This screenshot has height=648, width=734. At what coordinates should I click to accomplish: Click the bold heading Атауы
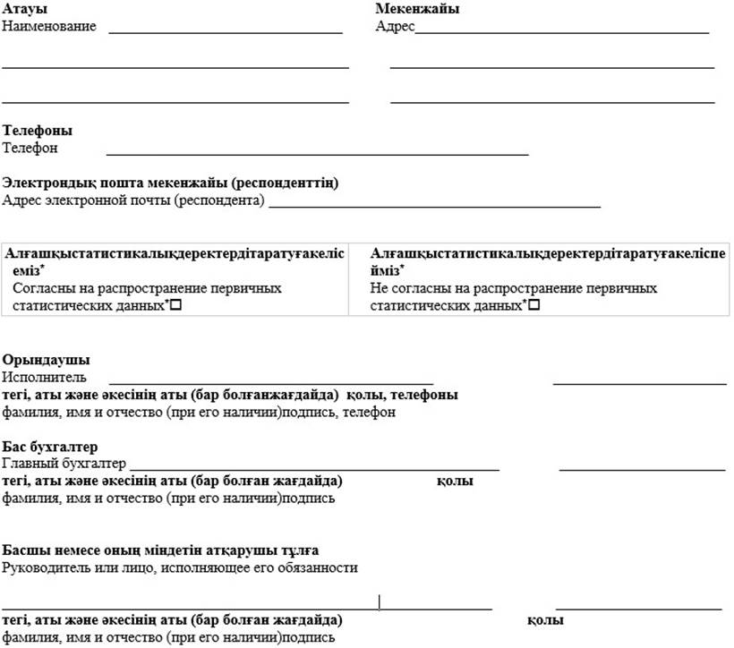[x=25, y=9]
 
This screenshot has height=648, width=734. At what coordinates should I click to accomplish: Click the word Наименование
[x=49, y=26]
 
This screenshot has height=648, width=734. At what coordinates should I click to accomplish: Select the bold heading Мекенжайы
[x=417, y=9]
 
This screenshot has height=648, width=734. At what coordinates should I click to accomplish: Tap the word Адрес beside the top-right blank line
[x=395, y=26]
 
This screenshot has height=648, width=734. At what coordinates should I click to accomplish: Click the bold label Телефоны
[x=38, y=131]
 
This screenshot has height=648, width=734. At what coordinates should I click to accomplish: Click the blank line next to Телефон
[x=317, y=153]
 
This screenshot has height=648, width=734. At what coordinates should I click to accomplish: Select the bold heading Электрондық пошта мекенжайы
[x=170, y=183]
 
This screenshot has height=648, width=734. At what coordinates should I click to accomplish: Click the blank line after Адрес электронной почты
[x=434, y=205]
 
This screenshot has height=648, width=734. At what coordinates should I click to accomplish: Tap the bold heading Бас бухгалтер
[x=50, y=447]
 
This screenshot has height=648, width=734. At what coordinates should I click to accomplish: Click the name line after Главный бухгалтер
[x=313, y=467]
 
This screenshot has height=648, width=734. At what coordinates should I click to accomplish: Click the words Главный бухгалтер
[x=64, y=464]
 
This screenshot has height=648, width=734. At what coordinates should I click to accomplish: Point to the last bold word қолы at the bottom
[x=544, y=620]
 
